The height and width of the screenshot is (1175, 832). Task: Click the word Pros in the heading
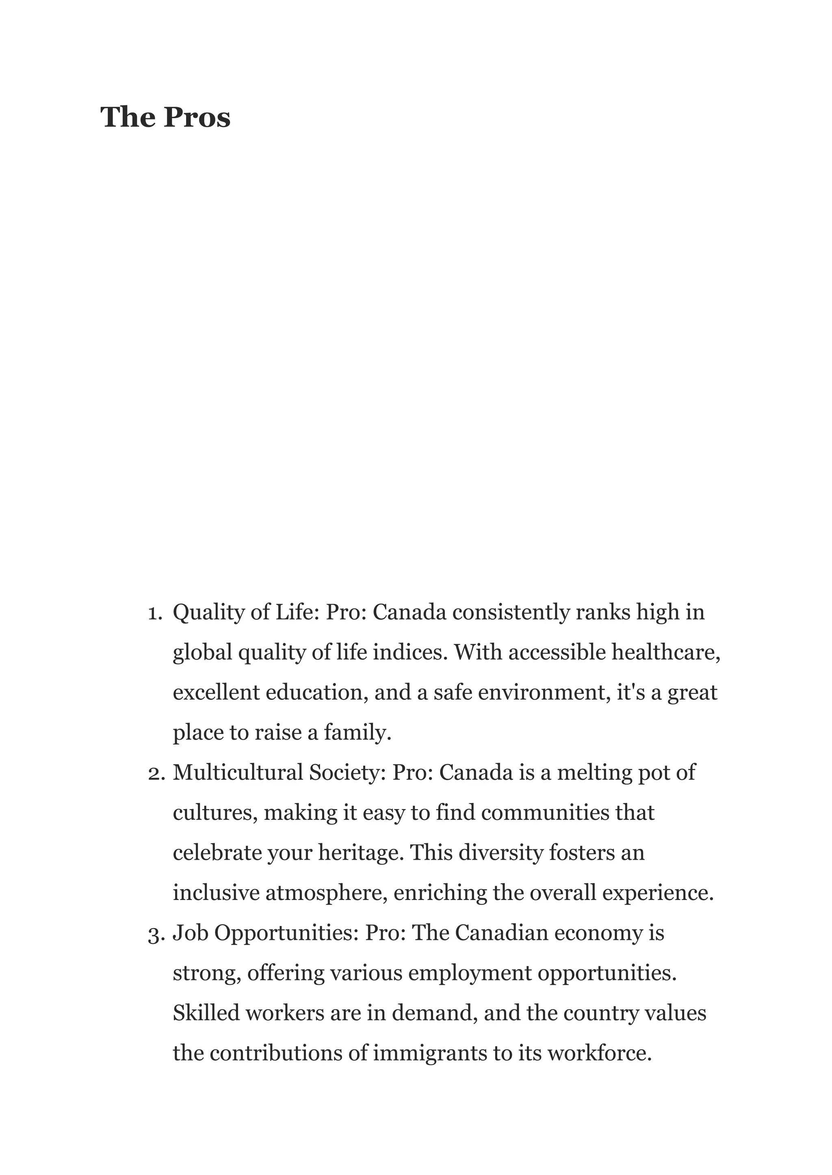point(197,117)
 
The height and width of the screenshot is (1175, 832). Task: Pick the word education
point(314,692)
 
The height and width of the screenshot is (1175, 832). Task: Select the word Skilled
point(206,1014)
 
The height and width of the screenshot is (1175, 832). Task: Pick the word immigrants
point(429,1054)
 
